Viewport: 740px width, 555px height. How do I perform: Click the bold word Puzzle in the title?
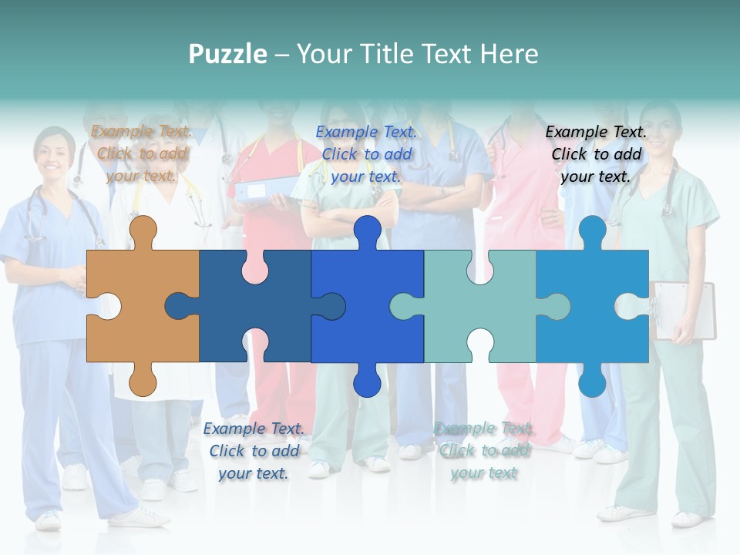click(228, 54)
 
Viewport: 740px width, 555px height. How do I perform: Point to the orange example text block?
click(142, 153)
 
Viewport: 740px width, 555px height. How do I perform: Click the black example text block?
click(596, 153)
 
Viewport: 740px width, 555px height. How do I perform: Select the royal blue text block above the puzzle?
click(366, 153)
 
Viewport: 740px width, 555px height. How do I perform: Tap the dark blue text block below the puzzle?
click(254, 450)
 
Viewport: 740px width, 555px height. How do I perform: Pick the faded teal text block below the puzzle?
click(484, 450)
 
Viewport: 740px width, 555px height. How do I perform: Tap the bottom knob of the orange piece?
click(143, 382)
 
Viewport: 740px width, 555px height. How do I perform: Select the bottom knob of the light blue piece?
click(592, 382)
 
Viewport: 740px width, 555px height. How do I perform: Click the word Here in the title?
click(509, 54)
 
